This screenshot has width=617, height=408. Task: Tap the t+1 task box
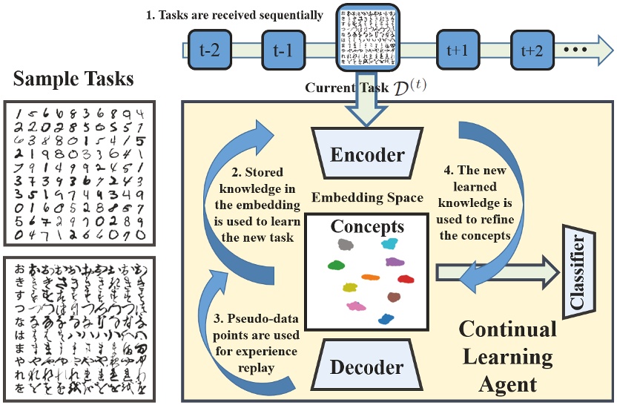[x=458, y=50]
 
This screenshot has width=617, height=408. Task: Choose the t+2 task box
[x=529, y=50]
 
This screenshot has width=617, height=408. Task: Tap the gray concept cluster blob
[x=344, y=244]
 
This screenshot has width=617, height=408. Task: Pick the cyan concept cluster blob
[x=389, y=243]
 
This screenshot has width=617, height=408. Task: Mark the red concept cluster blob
[x=405, y=279]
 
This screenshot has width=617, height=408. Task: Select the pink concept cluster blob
[x=356, y=306]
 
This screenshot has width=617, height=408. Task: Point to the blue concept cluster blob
[x=386, y=319]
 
